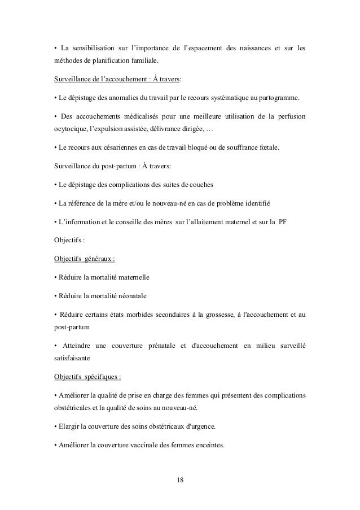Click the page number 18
point(180,480)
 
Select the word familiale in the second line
point(142,59)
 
